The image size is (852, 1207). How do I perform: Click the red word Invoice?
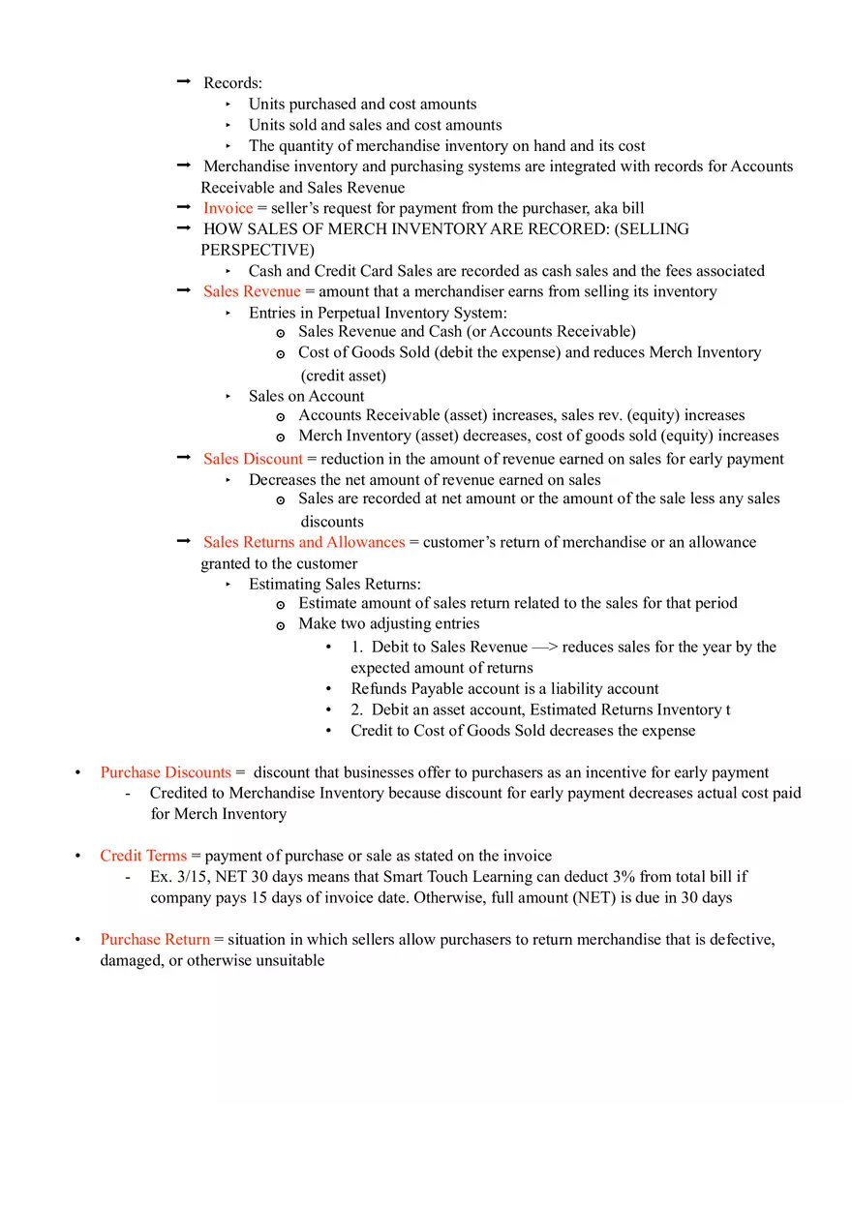[x=228, y=208]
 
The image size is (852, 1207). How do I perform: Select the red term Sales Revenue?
[x=252, y=291]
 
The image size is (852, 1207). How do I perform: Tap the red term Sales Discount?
[x=253, y=459]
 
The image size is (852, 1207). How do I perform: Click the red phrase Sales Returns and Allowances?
[x=304, y=542]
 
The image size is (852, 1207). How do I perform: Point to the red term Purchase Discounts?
[x=166, y=772]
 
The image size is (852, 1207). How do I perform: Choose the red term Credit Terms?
[x=143, y=856]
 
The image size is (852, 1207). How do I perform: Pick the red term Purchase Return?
[x=155, y=939]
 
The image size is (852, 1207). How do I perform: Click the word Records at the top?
[x=232, y=83]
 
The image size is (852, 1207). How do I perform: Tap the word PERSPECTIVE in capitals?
[x=258, y=250]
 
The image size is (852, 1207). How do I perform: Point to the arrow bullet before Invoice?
[x=184, y=207]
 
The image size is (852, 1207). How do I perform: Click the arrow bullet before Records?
[x=184, y=83]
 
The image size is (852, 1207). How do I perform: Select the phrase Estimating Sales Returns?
[x=334, y=584]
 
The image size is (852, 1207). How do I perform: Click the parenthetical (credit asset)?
[x=343, y=376]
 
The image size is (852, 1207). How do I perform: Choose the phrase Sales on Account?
[x=306, y=396]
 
